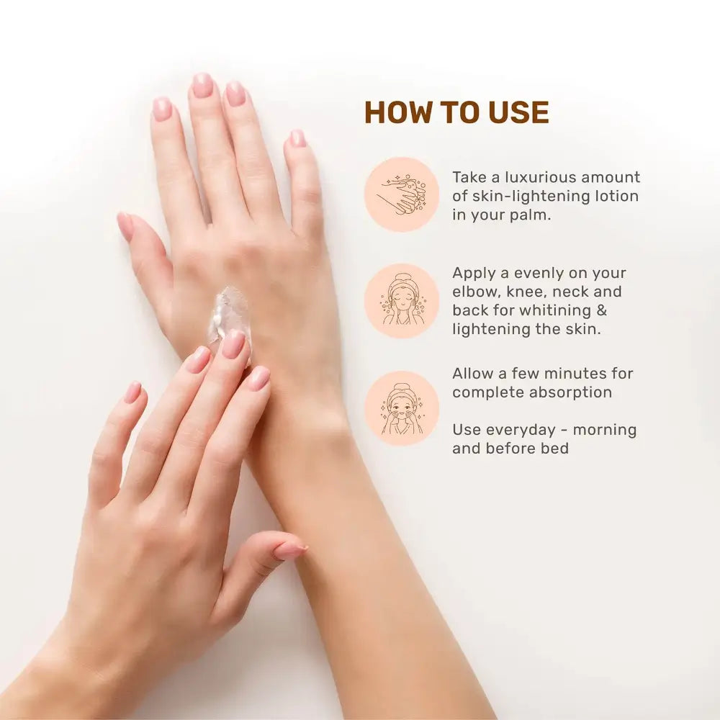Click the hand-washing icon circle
pyautogui.click(x=402, y=194)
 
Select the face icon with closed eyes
pyautogui.click(x=402, y=301)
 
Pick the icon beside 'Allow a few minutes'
pyautogui.click(x=402, y=408)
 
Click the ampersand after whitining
pyautogui.click(x=601, y=310)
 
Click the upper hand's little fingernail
pyautogui.click(x=297, y=138)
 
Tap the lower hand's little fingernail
pyautogui.click(x=134, y=392)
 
